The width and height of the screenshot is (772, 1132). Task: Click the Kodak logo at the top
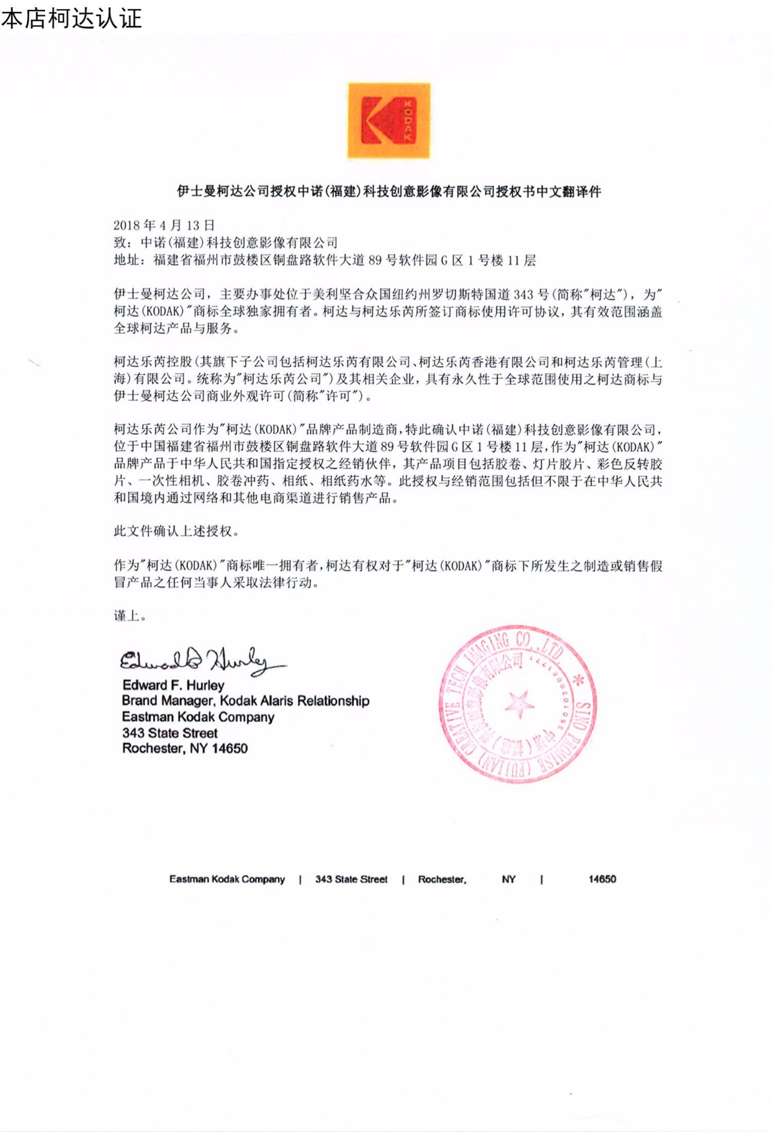click(x=389, y=120)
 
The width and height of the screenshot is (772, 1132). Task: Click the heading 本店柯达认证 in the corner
click(x=71, y=19)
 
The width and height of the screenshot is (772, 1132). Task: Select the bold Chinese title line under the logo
click(x=389, y=192)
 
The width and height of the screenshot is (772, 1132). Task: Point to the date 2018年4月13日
click(x=164, y=225)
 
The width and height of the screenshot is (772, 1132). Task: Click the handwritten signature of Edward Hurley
click(x=201, y=660)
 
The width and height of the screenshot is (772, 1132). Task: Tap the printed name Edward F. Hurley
click(x=173, y=685)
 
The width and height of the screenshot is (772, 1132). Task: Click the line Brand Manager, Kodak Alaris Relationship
click(x=245, y=701)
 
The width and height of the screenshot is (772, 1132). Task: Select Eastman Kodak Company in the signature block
click(x=198, y=717)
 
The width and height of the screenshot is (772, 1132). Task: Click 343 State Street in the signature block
click(x=170, y=733)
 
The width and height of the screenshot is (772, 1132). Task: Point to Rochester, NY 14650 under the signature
click(x=185, y=748)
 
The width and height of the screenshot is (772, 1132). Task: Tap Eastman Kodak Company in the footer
click(x=227, y=879)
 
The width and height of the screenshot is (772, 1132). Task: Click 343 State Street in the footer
click(x=351, y=879)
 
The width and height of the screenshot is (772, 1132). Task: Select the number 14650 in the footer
click(x=602, y=879)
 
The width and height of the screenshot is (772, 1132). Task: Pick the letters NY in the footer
click(x=508, y=879)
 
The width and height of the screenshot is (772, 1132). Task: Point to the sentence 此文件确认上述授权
click(x=177, y=531)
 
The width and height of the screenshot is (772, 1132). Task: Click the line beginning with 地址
click(x=324, y=260)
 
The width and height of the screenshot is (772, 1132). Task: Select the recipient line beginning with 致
click(x=225, y=242)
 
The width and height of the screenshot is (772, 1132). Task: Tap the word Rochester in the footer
click(x=442, y=879)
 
